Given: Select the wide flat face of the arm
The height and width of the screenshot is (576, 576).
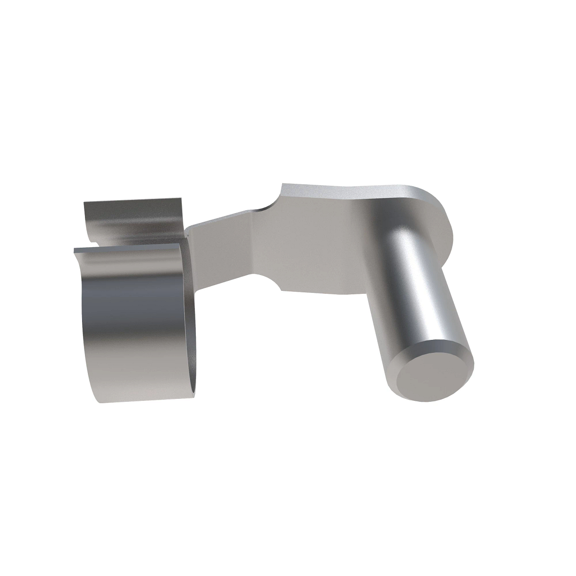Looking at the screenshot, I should [317, 250].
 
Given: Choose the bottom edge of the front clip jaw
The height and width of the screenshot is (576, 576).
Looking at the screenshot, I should [144, 400].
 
